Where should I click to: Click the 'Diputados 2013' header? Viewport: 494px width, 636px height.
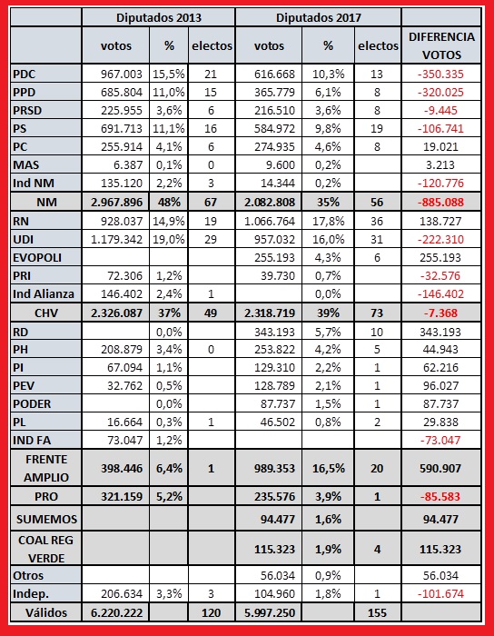coord(158,18)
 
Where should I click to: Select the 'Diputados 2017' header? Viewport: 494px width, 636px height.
coord(319,18)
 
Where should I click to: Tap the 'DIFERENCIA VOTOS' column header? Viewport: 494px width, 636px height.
coord(441,45)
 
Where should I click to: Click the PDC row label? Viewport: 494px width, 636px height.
coord(25,75)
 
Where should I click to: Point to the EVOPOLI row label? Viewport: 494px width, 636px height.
coord(37,257)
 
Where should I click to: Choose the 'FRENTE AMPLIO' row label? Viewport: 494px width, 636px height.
coord(46,469)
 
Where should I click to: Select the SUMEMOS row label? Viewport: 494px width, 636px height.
coord(46,519)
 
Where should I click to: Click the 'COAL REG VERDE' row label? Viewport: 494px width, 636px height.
coord(45,549)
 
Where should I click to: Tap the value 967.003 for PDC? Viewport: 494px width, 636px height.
coord(122,75)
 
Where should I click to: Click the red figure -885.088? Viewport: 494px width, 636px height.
coord(441,202)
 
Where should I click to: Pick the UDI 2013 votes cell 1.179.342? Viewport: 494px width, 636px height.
coord(117,239)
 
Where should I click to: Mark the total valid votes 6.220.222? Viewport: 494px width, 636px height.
coord(117,612)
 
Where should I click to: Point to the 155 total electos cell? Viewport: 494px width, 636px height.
coord(377,612)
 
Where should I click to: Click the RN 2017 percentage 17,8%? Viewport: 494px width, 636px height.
coord(328,222)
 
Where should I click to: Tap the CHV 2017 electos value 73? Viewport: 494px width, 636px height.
coord(377,313)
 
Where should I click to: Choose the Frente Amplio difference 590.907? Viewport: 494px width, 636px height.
coord(441,469)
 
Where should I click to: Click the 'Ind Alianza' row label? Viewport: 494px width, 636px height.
coord(44,293)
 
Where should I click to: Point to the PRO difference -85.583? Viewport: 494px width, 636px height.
coord(441,496)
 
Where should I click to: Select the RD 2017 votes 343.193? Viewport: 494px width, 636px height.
coord(274,333)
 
